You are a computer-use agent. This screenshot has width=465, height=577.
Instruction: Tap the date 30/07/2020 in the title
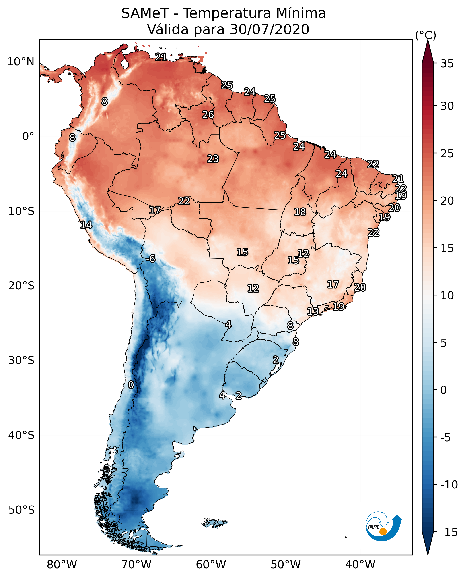pyautogui.click(x=269, y=29)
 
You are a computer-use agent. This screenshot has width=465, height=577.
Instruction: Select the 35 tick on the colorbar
pyautogui.click(x=447, y=64)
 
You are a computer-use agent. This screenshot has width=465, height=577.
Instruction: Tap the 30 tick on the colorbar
pyautogui.click(x=447, y=106)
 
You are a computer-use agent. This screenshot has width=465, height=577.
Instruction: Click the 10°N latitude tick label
pyautogui.click(x=21, y=62)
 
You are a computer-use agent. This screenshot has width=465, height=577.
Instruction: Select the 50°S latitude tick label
pyautogui.click(x=21, y=510)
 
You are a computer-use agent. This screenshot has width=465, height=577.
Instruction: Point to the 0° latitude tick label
pyautogui.click(x=28, y=137)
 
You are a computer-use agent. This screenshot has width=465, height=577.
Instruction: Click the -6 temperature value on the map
pyautogui.click(x=150, y=259)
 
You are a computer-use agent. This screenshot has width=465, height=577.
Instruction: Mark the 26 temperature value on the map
pyautogui.click(x=208, y=115)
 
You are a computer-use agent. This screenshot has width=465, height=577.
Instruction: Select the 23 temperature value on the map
pyautogui.click(x=213, y=159)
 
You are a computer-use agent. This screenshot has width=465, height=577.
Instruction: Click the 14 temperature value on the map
pyautogui.click(x=86, y=225)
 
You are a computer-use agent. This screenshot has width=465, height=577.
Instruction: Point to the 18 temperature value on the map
pyautogui.click(x=300, y=212)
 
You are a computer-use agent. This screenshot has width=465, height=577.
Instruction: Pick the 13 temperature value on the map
pyautogui.click(x=313, y=311)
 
